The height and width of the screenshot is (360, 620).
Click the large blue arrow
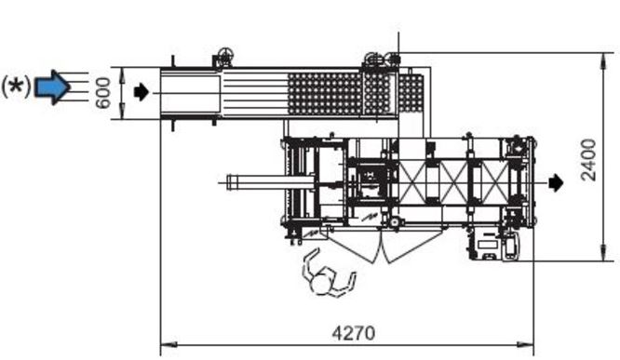52,87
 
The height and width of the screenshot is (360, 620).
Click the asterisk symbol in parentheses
16,87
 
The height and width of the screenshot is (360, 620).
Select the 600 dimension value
102,93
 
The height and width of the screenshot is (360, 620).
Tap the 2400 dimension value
588,160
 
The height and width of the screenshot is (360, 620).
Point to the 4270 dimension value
353,333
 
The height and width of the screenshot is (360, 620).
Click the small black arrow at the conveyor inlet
142,92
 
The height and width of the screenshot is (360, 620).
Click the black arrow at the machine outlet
557,182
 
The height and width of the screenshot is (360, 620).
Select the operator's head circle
321,284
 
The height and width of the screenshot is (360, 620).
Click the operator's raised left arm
310,262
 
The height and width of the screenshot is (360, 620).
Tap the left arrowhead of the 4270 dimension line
168,344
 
